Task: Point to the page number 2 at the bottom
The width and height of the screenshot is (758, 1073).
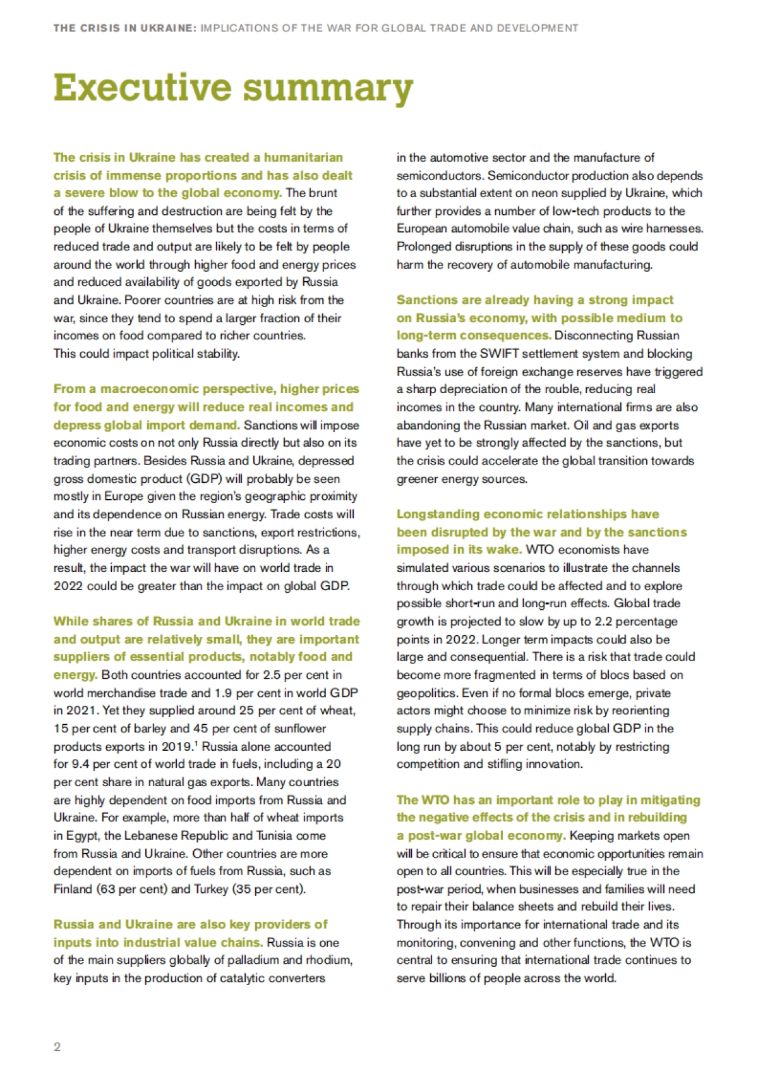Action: pyautogui.click(x=57, y=1046)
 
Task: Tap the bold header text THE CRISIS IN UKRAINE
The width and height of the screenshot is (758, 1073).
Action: pyautogui.click(x=125, y=28)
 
